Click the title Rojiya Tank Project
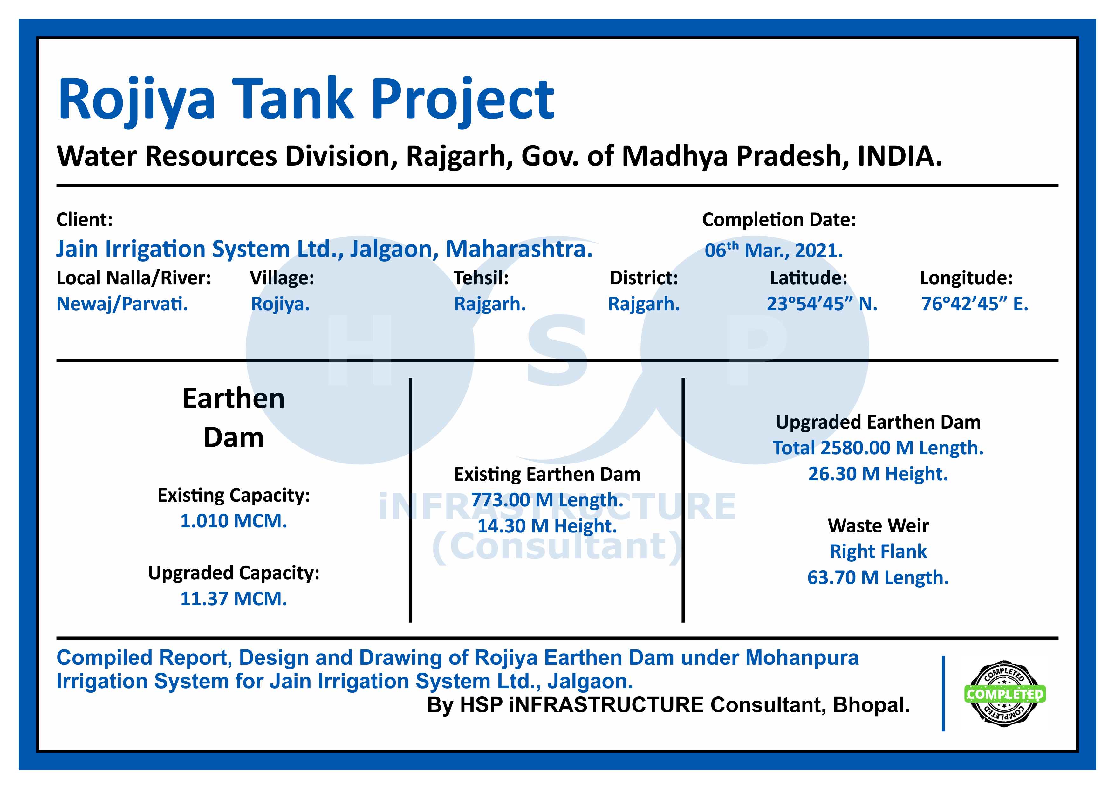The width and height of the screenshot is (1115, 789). tap(306, 100)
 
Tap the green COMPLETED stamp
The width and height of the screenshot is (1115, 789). tap(1004, 694)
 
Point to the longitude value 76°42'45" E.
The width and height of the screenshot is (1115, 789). tap(975, 304)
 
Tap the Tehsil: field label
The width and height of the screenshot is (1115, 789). tap(481, 278)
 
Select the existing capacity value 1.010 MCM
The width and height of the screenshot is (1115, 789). tap(234, 521)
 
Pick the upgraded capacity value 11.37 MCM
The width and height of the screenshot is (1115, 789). tap(234, 599)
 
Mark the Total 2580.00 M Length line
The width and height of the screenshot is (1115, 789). tap(878, 448)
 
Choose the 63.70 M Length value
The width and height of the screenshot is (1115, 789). tap(878, 578)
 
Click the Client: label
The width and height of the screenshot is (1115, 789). tap(85, 220)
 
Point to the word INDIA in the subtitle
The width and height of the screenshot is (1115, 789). tap(900, 156)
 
